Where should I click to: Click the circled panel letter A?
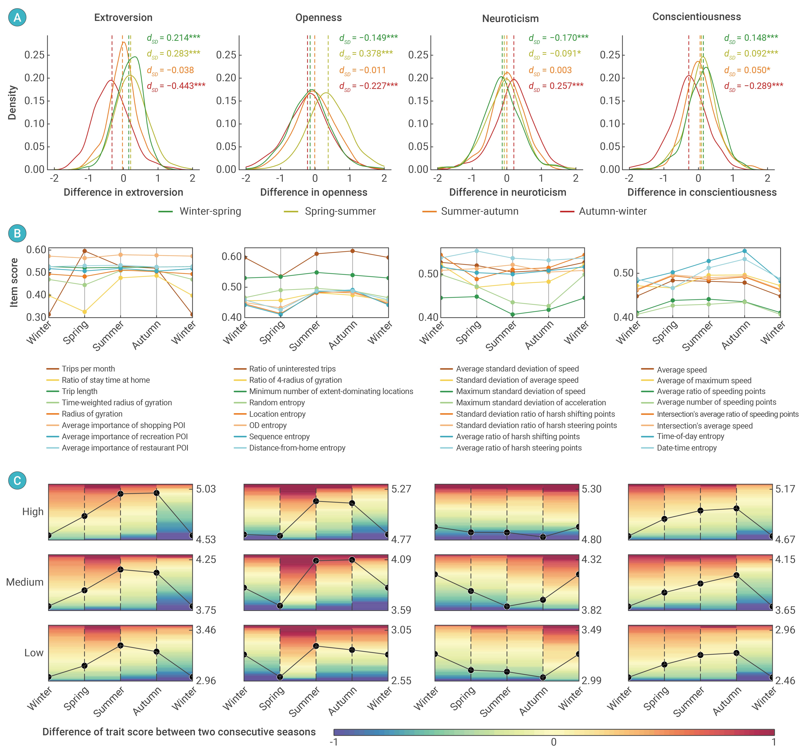coord(17,17)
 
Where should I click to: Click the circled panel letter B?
coord(17,233)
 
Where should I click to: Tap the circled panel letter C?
coord(17,481)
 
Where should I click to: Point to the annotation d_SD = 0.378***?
coord(366,53)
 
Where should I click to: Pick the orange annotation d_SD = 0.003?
coord(550,70)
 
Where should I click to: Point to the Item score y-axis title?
coord(14,282)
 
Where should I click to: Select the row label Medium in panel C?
coord(25,582)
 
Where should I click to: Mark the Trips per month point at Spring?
coord(85,251)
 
